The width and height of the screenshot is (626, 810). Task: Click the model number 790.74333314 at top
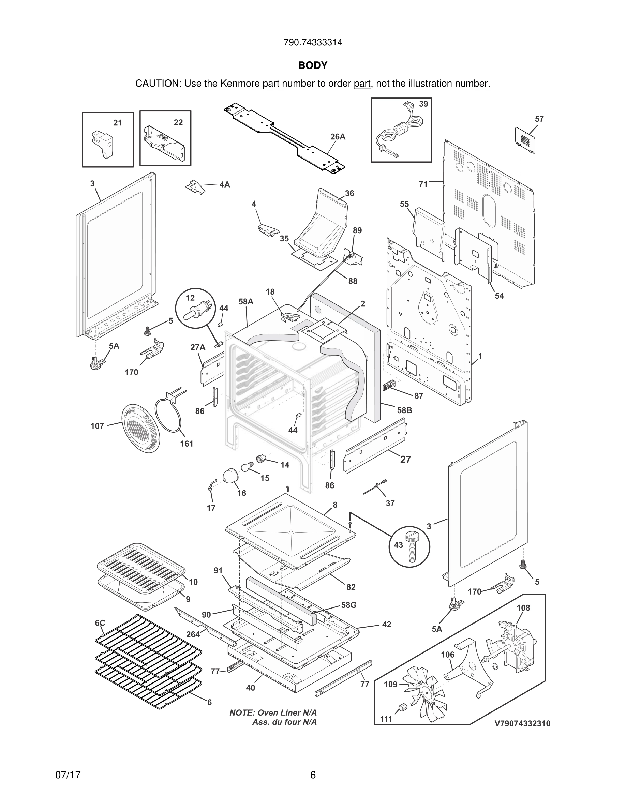pos(313,43)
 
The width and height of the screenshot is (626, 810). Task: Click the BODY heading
pos(313,66)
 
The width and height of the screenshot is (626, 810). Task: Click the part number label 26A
pos(338,137)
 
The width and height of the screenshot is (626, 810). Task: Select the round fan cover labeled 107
pos(141,429)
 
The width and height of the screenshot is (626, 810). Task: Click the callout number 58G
pos(348,605)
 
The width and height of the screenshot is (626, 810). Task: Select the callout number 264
pos(193,634)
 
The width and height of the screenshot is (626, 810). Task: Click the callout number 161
pos(187,444)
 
